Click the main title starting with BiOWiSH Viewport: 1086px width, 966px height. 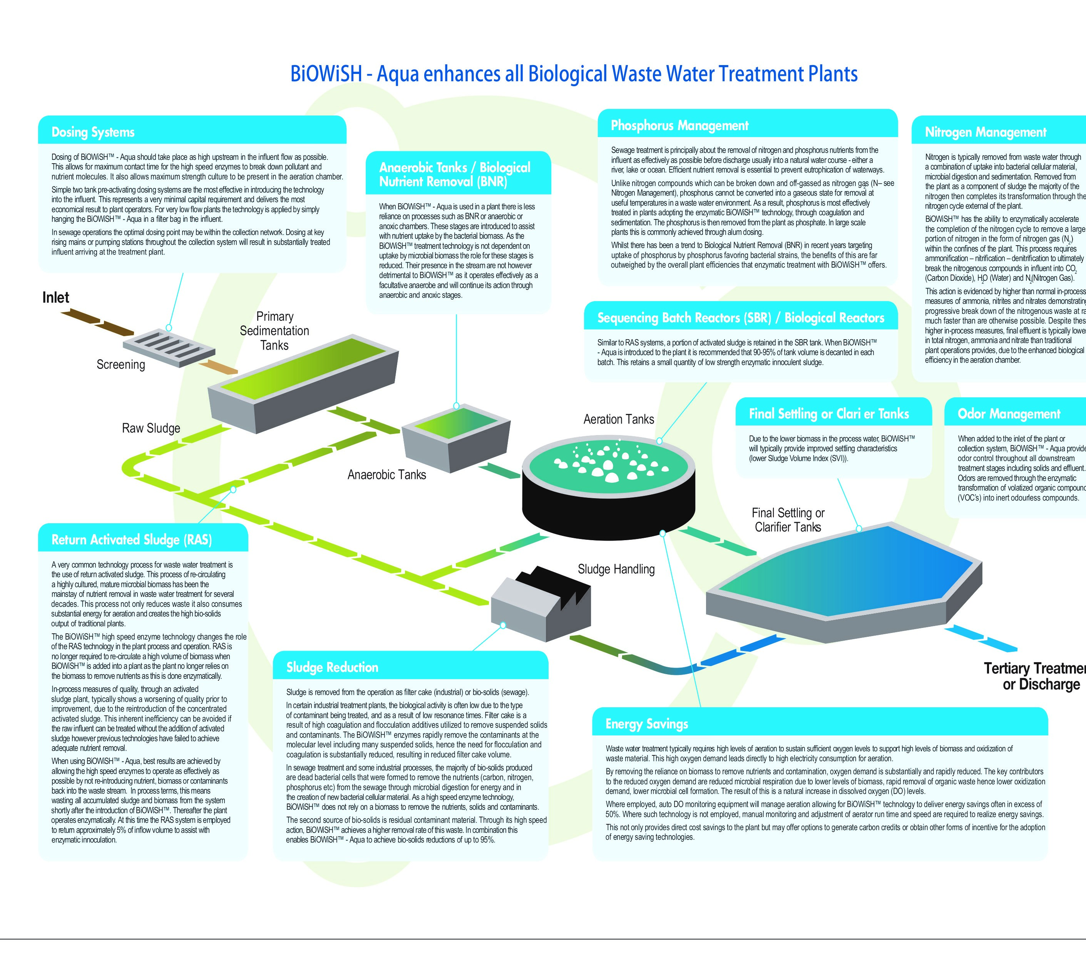pyautogui.click(x=574, y=74)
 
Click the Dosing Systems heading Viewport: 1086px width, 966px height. pyautogui.click(x=93, y=132)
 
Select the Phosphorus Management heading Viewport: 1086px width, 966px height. pyautogui.click(x=679, y=126)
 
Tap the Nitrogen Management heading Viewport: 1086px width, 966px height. pyautogui.click(x=986, y=132)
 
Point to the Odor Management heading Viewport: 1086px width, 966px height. pyautogui.click(x=1009, y=414)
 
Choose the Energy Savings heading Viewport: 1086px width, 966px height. pyautogui.click(x=647, y=724)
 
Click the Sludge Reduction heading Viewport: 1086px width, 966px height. pyautogui.click(x=332, y=667)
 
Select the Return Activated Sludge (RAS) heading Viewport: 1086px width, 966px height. pyautogui.click(x=132, y=540)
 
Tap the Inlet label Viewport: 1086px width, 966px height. pyautogui.click(x=56, y=298)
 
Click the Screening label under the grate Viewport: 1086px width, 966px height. pyautogui.click(x=120, y=365)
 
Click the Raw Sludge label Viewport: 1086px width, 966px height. pyautogui.click(x=151, y=428)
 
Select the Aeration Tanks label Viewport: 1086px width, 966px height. pyautogui.click(x=618, y=419)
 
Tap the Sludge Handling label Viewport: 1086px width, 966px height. pyautogui.click(x=616, y=569)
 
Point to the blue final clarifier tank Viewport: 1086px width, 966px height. pyautogui.click(x=845, y=579)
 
